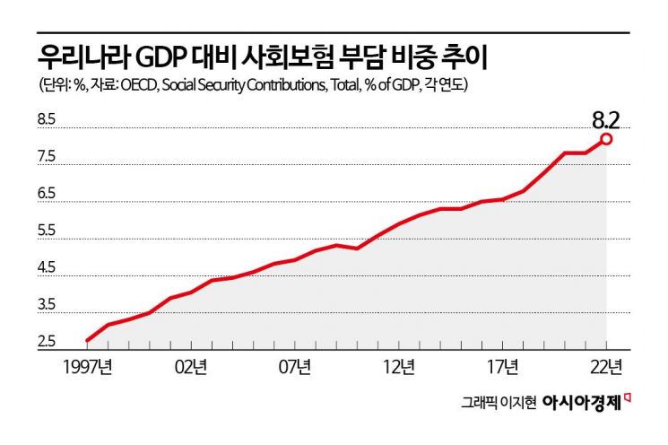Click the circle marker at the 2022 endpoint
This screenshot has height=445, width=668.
click(x=607, y=139)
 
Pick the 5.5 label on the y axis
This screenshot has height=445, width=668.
click(x=47, y=231)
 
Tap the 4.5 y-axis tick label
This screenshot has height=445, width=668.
click(x=47, y=268)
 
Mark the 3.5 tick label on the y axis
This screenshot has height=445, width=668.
click(x=47, y=306)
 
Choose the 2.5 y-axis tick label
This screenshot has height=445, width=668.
click(x=47, y=343)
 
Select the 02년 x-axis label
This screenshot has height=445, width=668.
click(x=192, y=366)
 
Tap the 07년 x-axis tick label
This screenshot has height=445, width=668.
click(x=295, y=366)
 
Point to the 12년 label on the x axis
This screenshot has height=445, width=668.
click(x=399, y=366)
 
